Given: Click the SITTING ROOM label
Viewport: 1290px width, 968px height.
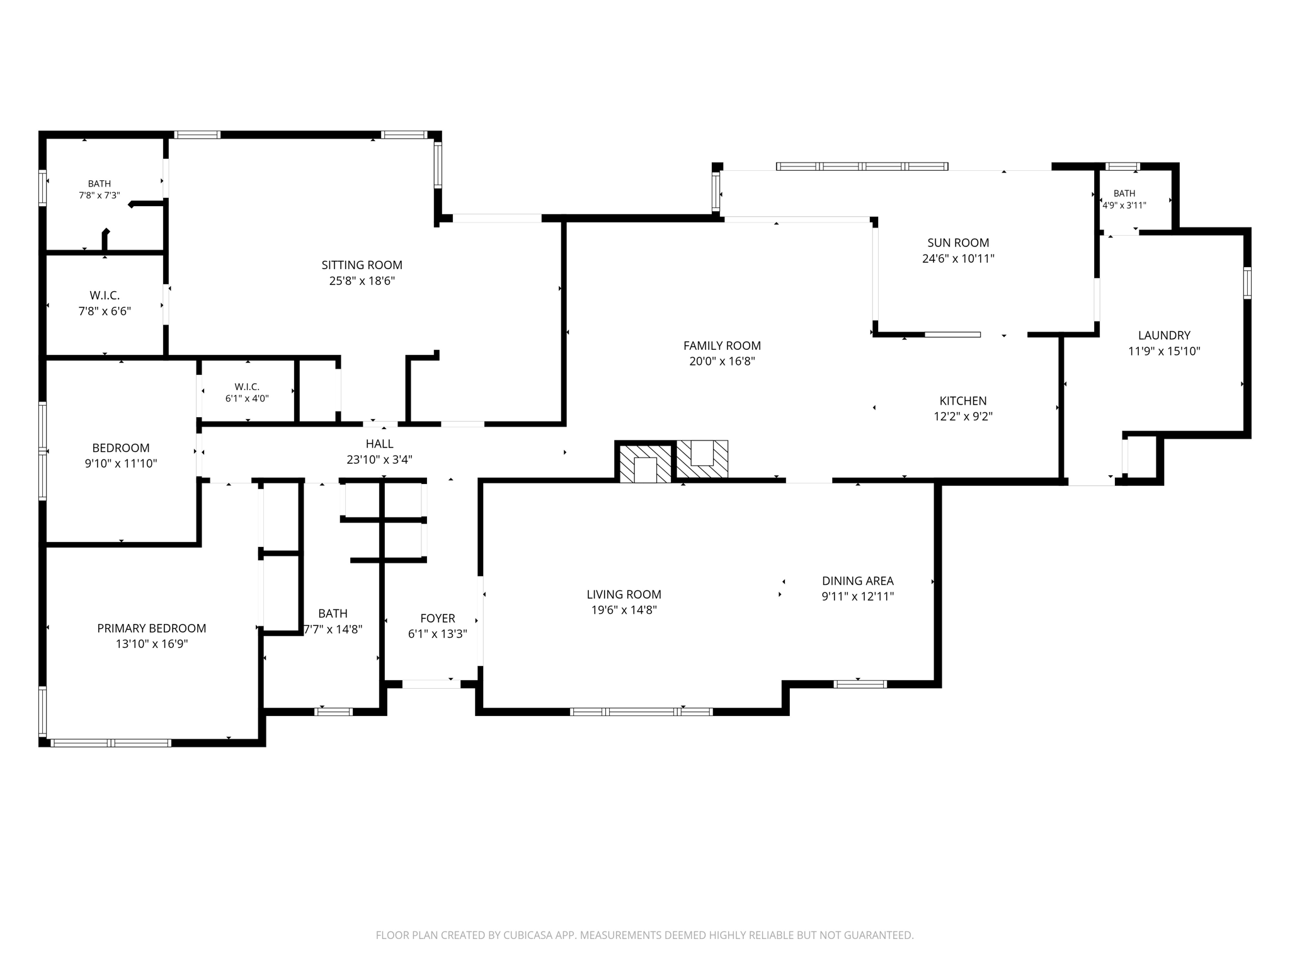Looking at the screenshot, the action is (x=362, y=265).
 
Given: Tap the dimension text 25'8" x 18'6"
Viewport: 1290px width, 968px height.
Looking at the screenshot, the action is (x=362, y=281).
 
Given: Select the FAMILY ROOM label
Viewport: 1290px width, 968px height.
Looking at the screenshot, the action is (x=722, y=346).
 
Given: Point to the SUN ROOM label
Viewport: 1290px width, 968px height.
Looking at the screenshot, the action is (x=958, y=243).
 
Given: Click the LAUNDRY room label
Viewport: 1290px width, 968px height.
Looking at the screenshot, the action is (x=1164, y=336).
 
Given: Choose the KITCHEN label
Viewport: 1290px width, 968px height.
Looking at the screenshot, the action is (x=963, y=401).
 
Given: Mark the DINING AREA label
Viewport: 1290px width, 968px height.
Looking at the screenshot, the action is (x=858, y=581).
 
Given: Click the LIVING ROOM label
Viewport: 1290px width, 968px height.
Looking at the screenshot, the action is (x=624, y=594).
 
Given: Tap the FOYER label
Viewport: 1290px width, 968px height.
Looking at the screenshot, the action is (x=438, y=619).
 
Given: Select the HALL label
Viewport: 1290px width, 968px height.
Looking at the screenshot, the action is (x=379, y=444).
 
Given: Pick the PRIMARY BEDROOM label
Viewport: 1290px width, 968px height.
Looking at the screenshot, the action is (x=152, y=628).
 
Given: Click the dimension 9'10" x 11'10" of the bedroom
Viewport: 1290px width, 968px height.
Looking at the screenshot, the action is (x=121, y=464).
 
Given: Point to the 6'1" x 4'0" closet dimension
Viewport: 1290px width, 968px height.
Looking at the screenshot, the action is (x=247, y=398).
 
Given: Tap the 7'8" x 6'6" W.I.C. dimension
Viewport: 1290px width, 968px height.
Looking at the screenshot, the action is (x=105, y=311).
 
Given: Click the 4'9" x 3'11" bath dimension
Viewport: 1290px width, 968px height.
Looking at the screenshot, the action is (x=1124, y=205).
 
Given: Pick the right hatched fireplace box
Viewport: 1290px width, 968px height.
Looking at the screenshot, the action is (x=702, y=459).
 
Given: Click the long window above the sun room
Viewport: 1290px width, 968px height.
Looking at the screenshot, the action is (x=862, y=166).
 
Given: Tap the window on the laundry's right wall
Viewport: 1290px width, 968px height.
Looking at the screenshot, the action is (x=1247, y=283).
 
